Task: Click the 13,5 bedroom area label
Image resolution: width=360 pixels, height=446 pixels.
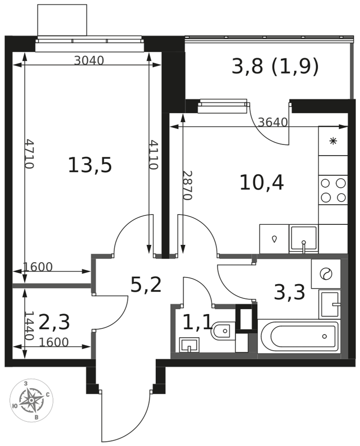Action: coord(90,165)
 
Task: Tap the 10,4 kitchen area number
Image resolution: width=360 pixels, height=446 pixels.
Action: coord(262,182)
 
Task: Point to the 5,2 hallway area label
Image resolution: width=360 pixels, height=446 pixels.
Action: coord(146,285)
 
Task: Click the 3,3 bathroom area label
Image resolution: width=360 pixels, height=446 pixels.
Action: coord(290,293)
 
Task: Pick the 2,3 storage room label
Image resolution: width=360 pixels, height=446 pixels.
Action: coord(54,322)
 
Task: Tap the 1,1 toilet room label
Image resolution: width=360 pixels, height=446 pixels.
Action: coord(197,323)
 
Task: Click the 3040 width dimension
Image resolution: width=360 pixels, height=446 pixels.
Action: coord(89,60)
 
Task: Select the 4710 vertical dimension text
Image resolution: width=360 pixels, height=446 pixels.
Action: coord(29,153)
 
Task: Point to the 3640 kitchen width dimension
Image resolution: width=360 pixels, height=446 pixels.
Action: coord(273,122)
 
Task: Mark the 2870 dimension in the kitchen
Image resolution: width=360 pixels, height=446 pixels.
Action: coord(187,186)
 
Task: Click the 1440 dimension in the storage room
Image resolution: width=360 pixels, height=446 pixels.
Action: coord(29,326)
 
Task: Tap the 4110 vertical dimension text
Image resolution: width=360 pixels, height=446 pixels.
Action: coord(153,154)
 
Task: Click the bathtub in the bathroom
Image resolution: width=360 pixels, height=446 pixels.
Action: coord(299,336)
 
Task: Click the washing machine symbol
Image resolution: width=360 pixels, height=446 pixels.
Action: coord(326,274)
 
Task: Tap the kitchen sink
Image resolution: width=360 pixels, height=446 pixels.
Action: coord(303,238)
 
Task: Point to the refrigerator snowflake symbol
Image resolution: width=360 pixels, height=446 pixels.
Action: coord(333,141)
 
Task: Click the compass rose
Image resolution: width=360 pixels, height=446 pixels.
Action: coord(31,401)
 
